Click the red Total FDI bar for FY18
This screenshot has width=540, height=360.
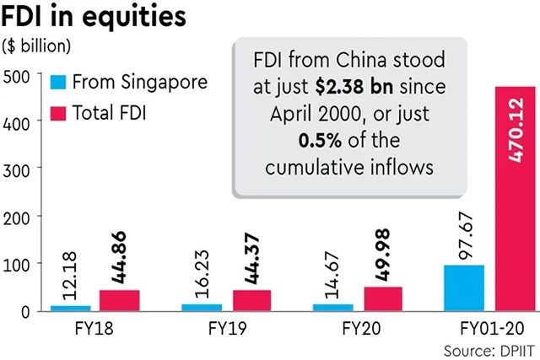119,300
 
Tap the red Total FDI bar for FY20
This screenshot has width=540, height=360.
382,298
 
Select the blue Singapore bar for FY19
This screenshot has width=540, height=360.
201,307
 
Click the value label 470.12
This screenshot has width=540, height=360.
514,126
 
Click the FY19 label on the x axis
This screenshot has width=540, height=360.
225,328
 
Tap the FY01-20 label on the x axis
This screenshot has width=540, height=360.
489,328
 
